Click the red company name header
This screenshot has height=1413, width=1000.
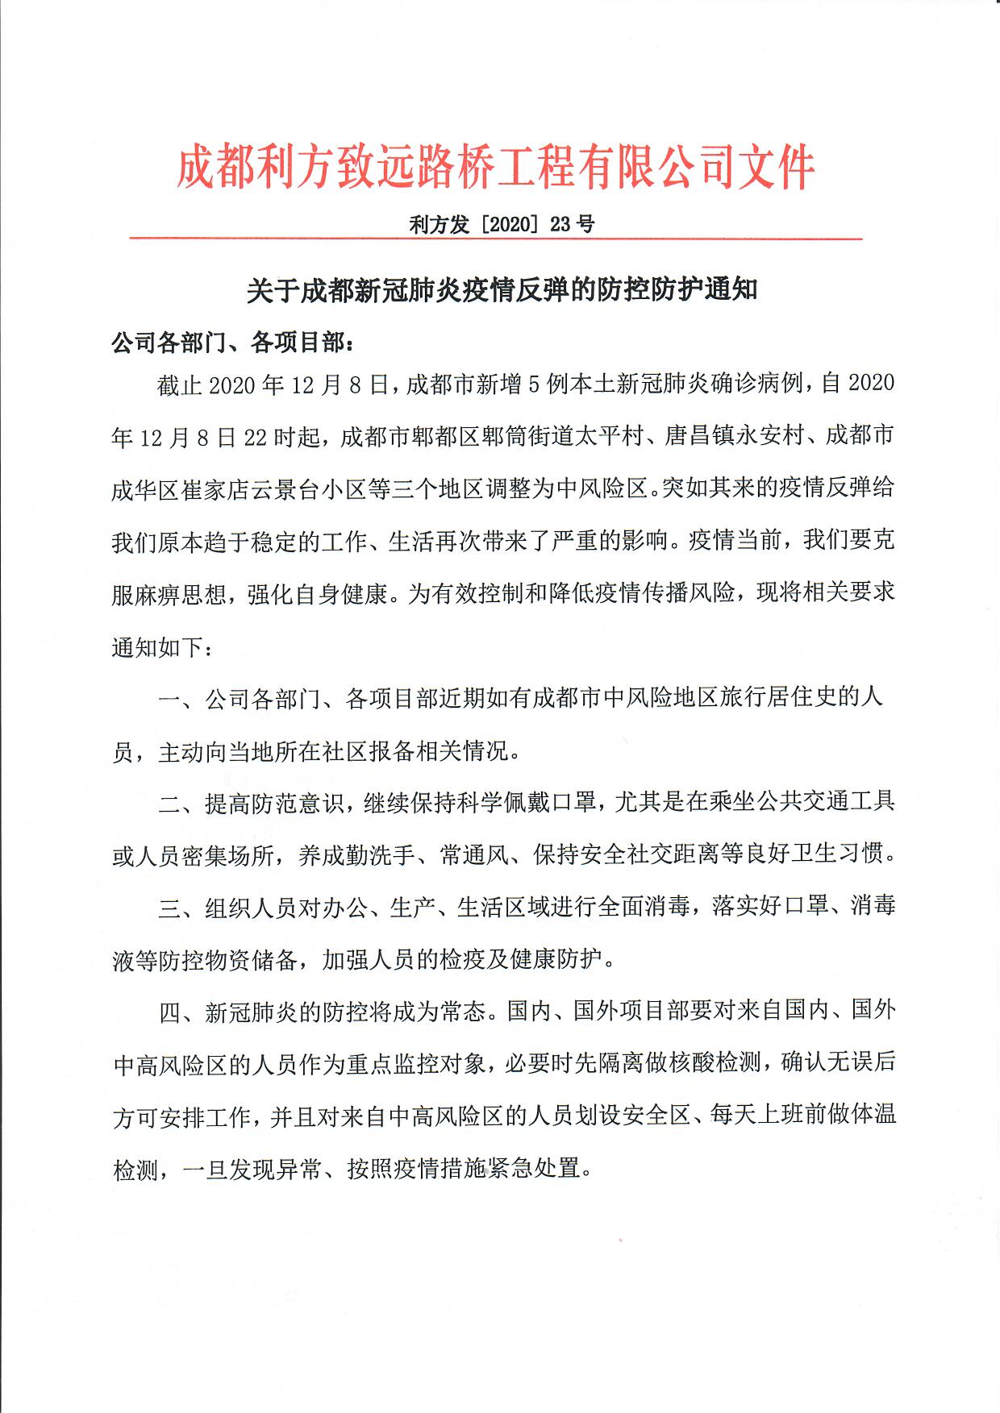(x=495, y=168)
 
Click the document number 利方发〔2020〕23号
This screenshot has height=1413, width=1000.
(x=502, y=224)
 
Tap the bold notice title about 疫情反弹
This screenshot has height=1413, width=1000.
(x=502, y=289)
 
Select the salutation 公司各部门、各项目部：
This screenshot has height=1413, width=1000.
(x=232, y=343)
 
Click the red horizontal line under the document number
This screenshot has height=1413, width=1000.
(x=495, y=239)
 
